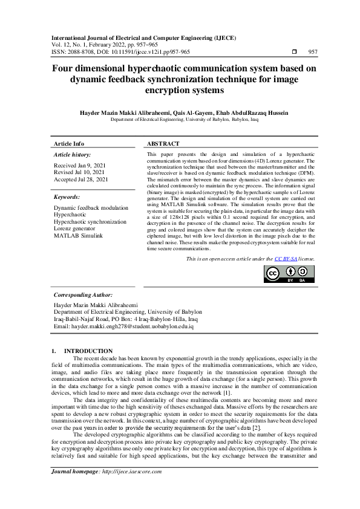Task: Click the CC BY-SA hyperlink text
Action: [x=286, y=258]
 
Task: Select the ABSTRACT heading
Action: [x=163, y=144]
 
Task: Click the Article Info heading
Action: [x=69, y=144]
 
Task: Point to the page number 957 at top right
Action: [x=313, y=52]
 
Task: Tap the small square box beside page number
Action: [x=294, y=52]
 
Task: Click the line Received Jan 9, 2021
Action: [x=80, y=165]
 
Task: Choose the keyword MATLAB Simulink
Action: [x=78, y=235]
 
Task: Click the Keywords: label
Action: [x=68, y=197]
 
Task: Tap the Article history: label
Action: [x=72, y=155]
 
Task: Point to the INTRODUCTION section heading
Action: [x=88, y=351]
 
